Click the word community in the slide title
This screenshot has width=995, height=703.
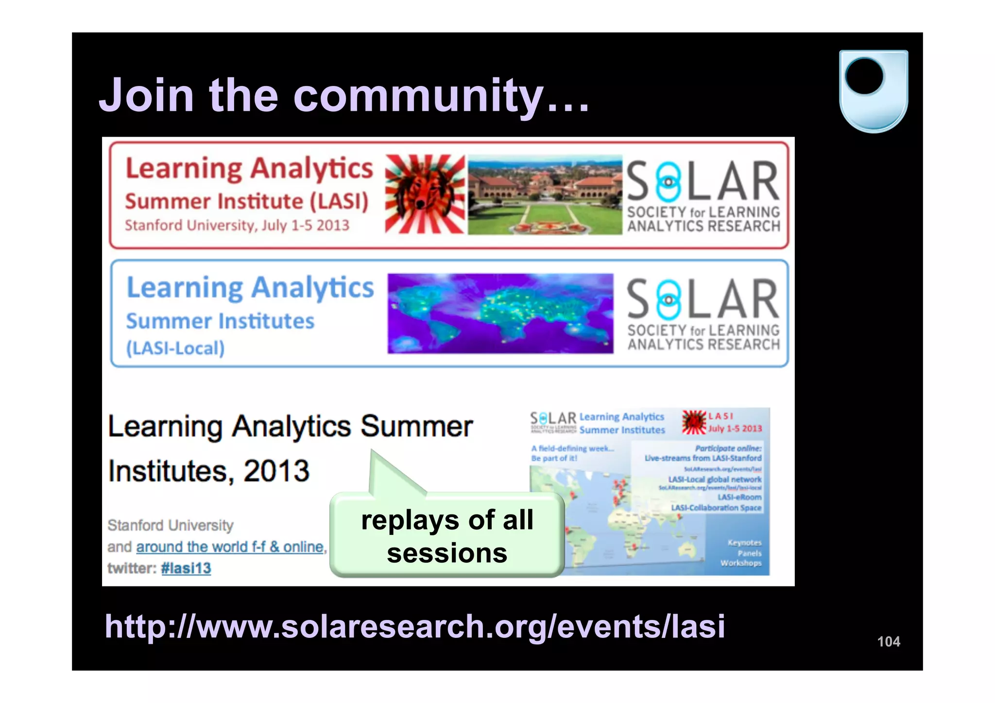click(418, 96)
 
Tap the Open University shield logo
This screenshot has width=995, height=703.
click(873, 91)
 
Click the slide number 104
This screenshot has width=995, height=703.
click(889, 641)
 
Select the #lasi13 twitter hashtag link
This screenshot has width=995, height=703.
click(186, 568)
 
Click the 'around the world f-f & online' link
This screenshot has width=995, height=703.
click(230, 547)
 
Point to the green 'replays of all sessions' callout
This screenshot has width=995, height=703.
click(447, 535)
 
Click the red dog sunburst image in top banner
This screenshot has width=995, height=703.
click(425, 194)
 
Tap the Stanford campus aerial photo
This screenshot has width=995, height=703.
click(544, 195)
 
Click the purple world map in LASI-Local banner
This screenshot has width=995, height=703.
click(500, 313)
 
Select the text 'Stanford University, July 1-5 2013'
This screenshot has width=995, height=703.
click(237, 225)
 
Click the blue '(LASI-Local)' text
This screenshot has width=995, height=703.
click(175, 348)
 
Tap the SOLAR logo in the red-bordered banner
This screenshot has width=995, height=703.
click(703, 195)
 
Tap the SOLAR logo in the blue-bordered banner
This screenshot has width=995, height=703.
click(703, 313)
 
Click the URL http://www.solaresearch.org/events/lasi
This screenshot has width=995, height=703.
click(414, 626)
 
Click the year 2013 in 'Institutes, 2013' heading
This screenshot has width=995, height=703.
click(276, 471)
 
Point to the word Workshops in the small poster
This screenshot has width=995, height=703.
click(740, 563)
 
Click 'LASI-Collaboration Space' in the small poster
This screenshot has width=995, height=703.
click(716, 508)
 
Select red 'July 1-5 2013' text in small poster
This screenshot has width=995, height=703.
click(735, 429)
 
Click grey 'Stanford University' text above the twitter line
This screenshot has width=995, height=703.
click(171, 525)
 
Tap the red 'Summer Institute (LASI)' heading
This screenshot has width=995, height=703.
click(247, 201)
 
